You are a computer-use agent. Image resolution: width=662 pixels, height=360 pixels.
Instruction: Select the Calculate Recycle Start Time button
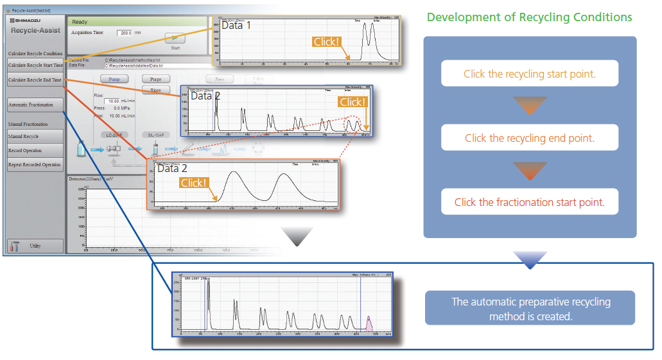point(35,65)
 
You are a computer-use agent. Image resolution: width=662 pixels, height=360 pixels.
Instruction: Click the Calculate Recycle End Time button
point(35,80)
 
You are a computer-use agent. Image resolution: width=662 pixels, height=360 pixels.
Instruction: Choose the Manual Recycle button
point(35,136)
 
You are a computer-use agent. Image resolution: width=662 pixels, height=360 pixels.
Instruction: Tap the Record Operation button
point(35,150)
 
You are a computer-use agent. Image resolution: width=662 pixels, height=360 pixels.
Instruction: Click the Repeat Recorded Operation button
point(35,164)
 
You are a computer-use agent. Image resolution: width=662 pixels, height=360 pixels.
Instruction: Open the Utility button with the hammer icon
point(35,246)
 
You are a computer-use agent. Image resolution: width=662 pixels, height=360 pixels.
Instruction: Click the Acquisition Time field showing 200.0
point(125,33)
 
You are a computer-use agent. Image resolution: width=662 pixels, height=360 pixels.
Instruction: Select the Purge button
point(155,79)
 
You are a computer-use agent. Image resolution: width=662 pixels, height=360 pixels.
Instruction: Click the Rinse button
point(155,90)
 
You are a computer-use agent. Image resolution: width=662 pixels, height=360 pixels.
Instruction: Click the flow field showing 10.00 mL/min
point(113,101)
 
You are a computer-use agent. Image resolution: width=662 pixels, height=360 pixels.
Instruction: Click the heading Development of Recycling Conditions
point(530,17)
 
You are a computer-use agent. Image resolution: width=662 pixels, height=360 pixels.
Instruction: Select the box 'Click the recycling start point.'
point(530,74)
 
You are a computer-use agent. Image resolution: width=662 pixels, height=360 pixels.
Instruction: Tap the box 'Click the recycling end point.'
point(530,138)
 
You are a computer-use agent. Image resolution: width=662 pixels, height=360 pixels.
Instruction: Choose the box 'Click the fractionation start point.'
point(530,202)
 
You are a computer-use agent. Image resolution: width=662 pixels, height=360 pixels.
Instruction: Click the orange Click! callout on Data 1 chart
point(326,42)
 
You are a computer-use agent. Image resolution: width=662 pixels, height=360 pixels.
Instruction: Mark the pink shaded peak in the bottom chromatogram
point(369,324)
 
